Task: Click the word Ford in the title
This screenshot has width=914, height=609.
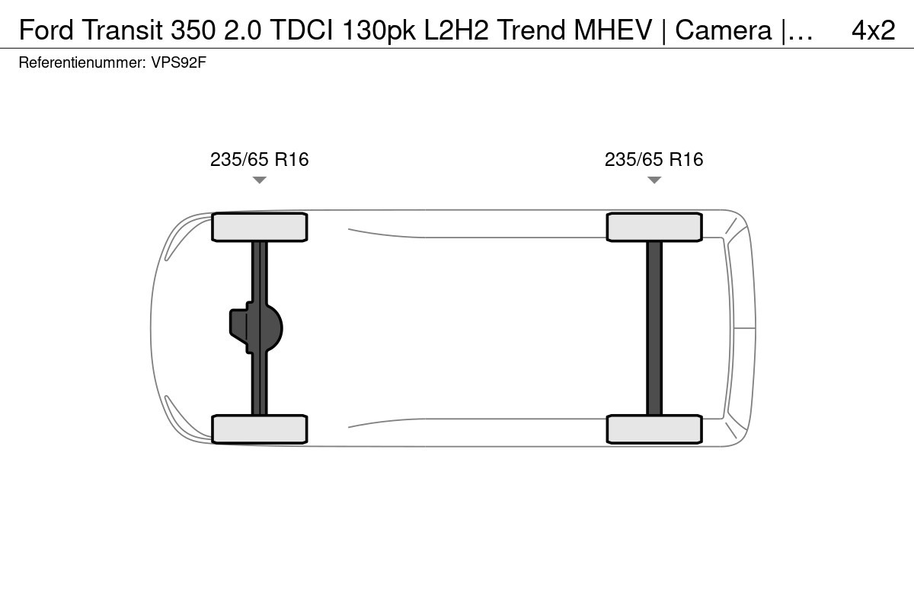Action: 46,30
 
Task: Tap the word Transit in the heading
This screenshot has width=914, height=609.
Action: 123,30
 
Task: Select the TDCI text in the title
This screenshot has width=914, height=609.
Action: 302,30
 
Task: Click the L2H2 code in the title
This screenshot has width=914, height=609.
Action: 456,30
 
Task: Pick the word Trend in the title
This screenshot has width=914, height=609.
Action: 532,30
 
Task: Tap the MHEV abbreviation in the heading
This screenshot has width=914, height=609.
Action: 613,30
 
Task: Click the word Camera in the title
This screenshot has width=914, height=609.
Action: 724,30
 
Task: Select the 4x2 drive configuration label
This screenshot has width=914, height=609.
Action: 874,30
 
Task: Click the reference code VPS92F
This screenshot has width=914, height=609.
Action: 179,62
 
